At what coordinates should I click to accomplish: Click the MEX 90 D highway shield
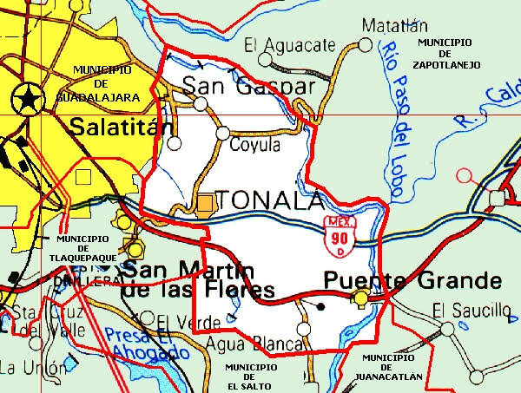point(340,235)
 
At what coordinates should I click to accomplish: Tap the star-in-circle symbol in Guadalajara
point(27,99)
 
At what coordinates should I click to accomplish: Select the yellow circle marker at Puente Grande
point(360,299)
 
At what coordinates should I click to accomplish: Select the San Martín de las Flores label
point(198,279)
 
